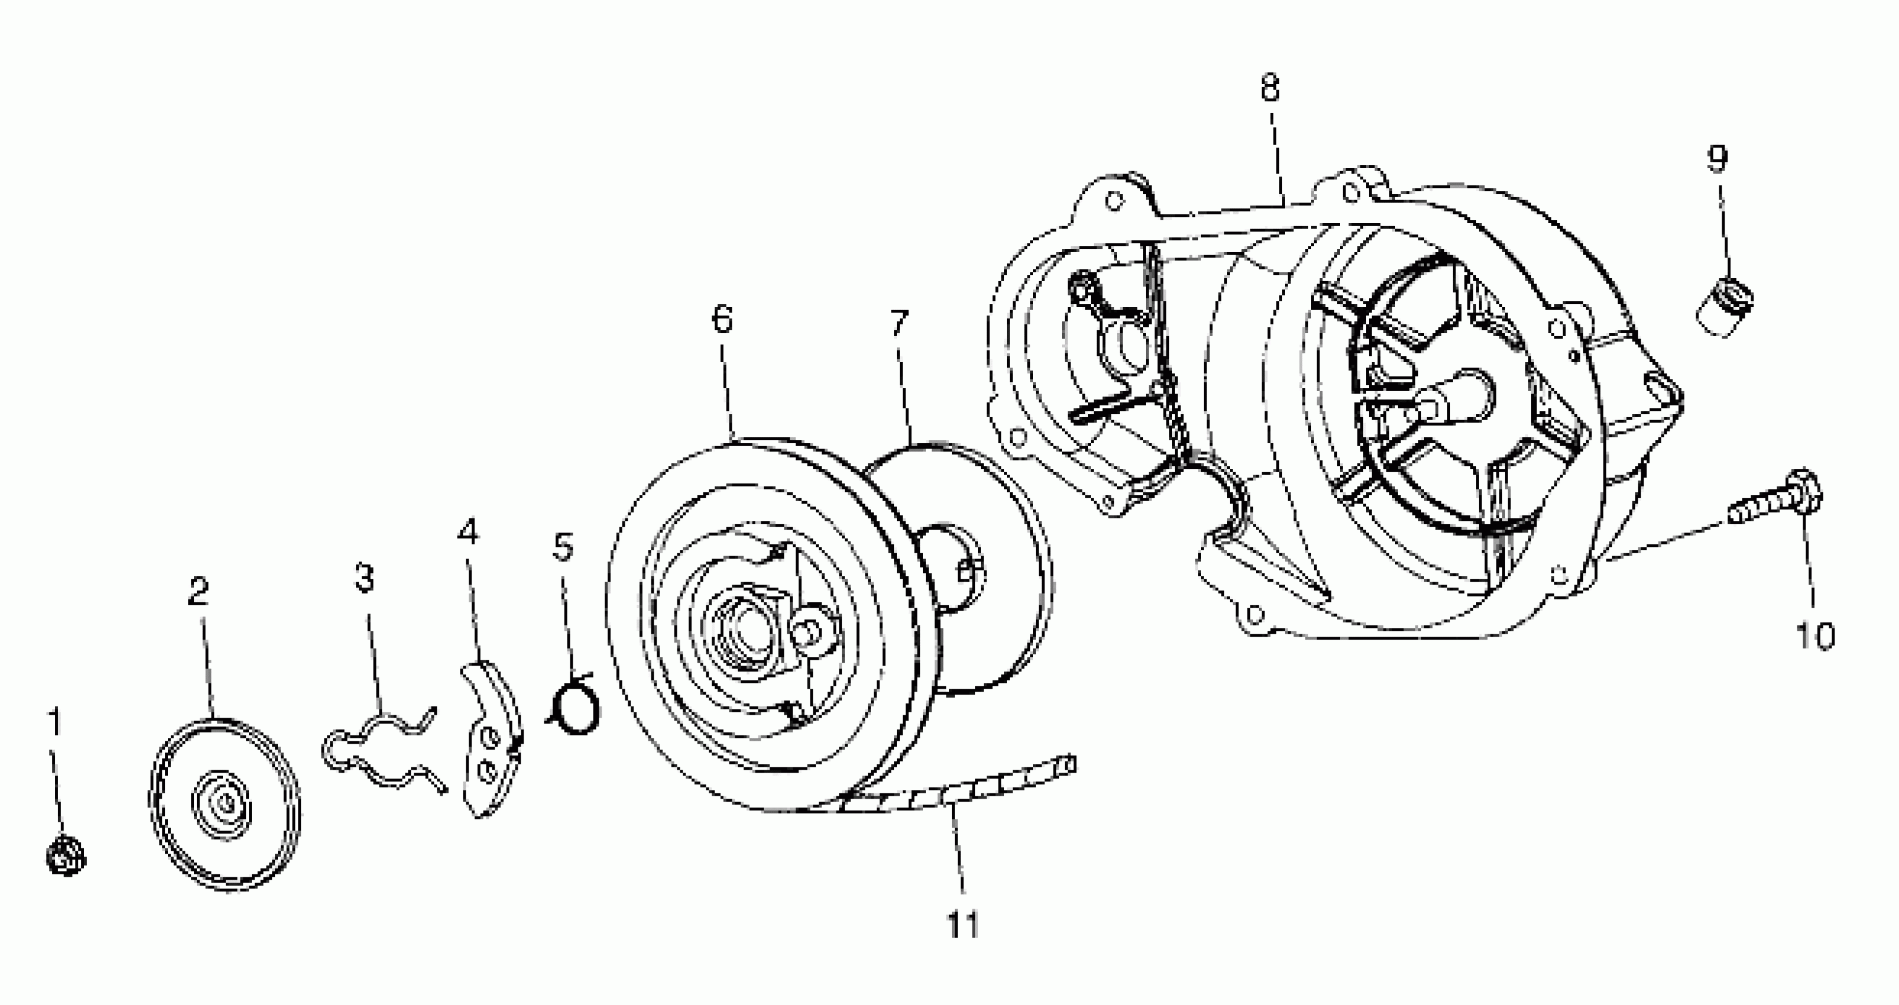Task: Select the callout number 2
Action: [x=197, y=591]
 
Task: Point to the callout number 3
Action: [x=364, y=578]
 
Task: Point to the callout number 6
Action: [x=722, y=319]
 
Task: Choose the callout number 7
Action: [x=900, y=322]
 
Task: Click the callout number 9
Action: [x=1718, y=157]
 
